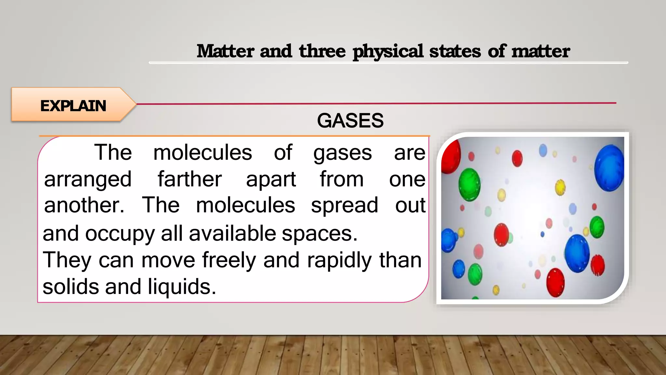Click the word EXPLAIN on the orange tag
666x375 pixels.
point(73,106)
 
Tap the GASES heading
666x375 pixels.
point(350,121)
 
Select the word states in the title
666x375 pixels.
point(455,51)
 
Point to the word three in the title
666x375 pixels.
point(322,51)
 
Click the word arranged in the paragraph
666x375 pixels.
point(88,180)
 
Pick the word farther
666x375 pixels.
point(190,179)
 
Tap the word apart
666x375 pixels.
point(271,180)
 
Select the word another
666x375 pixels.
point(84,205)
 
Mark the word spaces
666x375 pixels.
point(319,234)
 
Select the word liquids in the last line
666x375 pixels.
point(182,287)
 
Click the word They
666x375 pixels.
point(67,261)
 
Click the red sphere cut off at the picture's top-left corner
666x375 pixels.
point(450,155)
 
